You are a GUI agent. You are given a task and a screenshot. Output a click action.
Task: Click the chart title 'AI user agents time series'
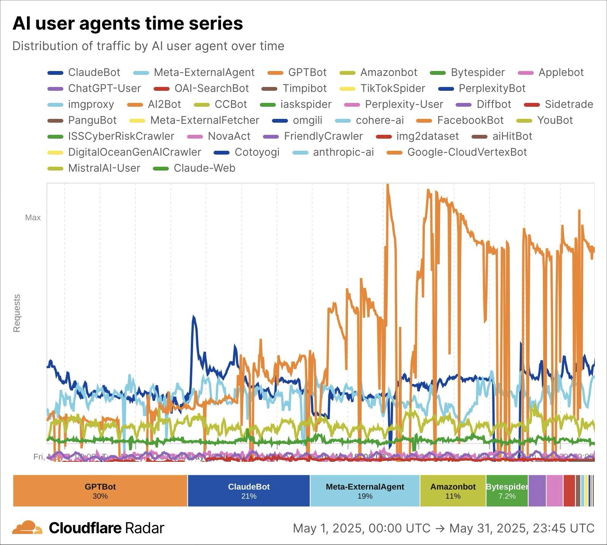(x=127, y=24)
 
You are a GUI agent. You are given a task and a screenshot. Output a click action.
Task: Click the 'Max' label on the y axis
(x=33, y=218)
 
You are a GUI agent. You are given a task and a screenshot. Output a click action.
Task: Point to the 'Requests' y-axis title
(x=17, y=313)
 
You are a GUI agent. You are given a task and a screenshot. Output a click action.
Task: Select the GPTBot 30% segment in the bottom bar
(x=100, y=491)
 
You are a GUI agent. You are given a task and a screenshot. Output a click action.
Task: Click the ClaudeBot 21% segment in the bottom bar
(x=249, y=491)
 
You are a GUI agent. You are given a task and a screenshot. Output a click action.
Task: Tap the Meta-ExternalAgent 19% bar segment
(x=365, y=491)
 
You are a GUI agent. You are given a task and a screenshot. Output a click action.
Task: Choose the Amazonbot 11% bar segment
(x=453, y=491)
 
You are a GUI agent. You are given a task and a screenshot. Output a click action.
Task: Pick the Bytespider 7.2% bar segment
(x=507, y=491)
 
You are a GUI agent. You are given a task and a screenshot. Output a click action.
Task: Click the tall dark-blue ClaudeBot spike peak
(x=193, y=317)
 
